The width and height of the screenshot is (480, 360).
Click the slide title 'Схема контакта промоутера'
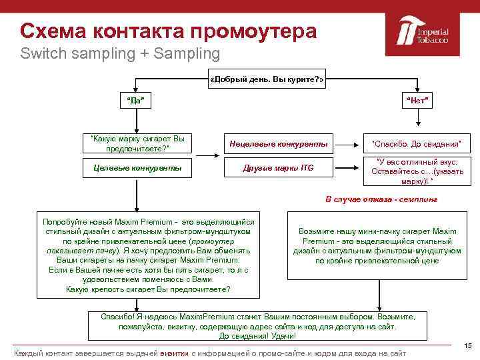tap(168, 31)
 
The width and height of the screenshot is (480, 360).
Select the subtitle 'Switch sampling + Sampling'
tap(119, 53)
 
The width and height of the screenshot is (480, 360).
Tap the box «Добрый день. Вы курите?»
tap(267, 79)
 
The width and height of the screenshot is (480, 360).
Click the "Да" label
tap(135, 101)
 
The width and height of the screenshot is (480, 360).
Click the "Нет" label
tap(418, 101)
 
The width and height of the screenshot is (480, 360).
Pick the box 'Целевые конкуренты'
tap(137, 168)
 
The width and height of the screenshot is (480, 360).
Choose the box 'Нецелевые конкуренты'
tap(279, 143)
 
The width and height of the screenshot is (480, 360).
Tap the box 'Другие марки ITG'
tap(278, 168)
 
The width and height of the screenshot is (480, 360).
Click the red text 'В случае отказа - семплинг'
tap(381, 199)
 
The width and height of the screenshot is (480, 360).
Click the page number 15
tap(467, 345)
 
